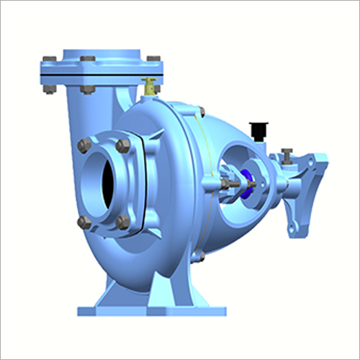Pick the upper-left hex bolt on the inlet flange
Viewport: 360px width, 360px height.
[84, 146]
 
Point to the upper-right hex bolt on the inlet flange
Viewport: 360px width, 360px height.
[123, 145]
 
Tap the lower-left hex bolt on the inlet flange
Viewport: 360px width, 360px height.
[85, 222]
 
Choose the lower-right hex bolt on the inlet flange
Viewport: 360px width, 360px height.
[123, 222]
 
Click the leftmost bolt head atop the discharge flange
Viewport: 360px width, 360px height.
[50, 60]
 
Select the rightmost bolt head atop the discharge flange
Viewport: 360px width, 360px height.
[153, 58]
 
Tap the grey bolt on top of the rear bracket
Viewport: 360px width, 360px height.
[287, 153]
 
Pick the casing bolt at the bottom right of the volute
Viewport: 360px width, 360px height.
[199, 255]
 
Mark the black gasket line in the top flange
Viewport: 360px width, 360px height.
[101, 73]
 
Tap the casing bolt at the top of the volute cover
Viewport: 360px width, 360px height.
[199, 110]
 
